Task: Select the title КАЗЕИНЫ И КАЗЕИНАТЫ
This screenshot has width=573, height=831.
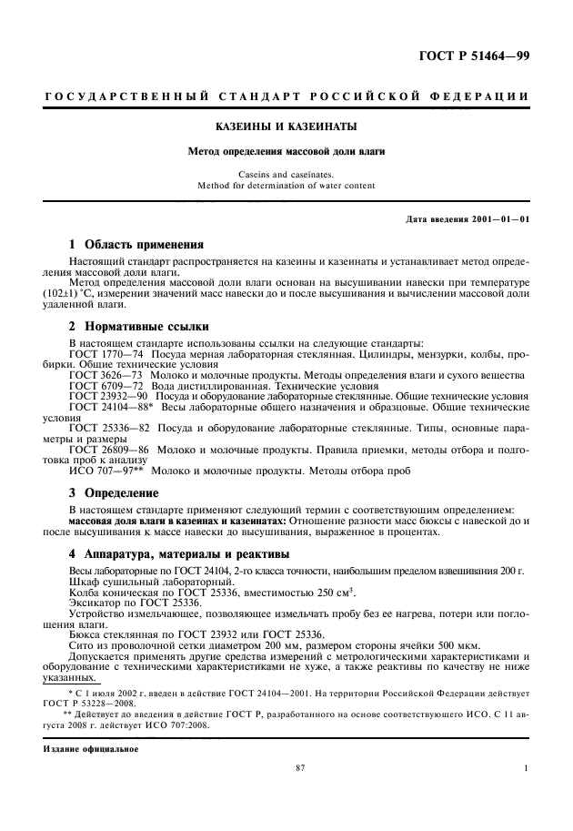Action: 286,126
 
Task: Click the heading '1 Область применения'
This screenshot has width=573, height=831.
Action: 136,245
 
